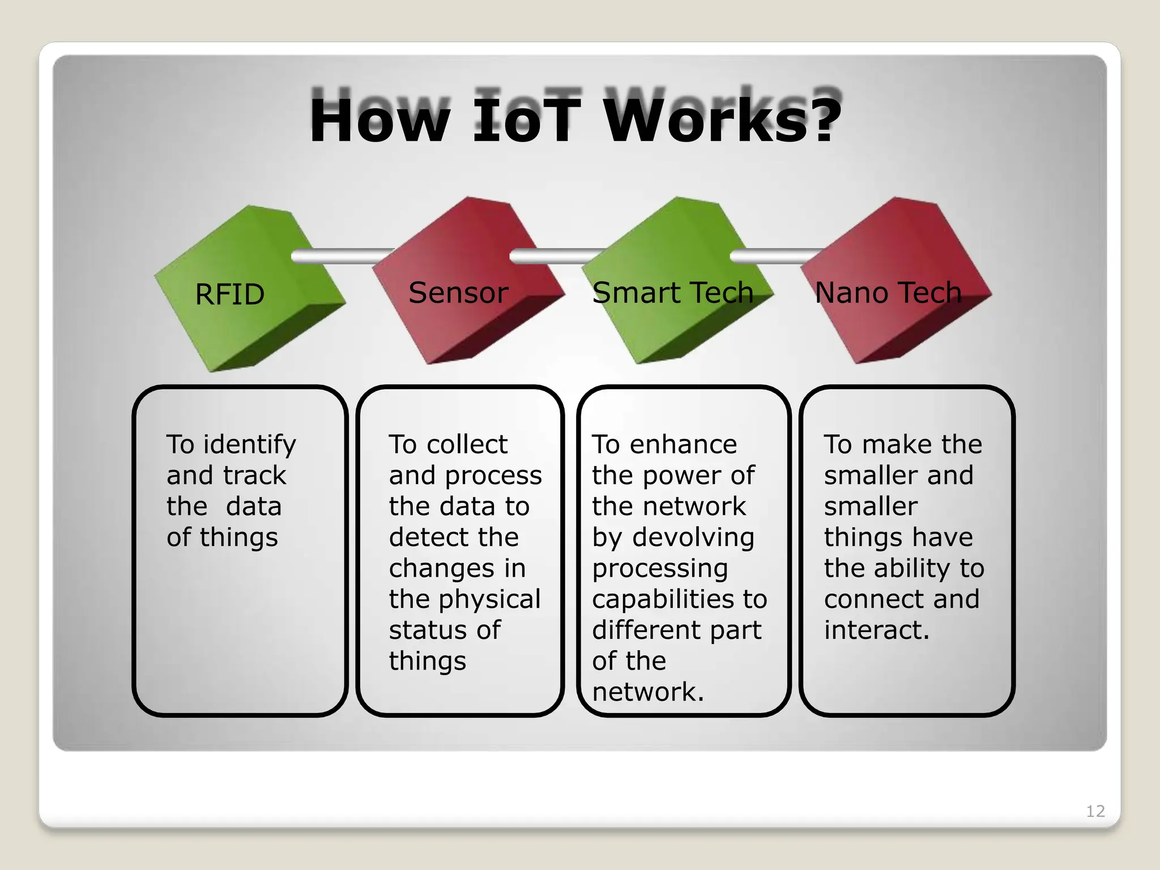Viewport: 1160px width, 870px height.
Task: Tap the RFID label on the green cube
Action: tap(229, 295)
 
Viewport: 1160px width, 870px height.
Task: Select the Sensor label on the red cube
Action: tap(458, 293)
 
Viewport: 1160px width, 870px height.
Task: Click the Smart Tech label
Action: tap(672, 293)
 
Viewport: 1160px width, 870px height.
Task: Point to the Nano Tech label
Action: tap(888, 293)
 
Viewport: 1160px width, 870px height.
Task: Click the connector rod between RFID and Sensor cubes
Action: tap(340, 257)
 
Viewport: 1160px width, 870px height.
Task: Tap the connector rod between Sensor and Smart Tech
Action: tap(552, 257)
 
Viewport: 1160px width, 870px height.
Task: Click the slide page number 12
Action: tap(1095, 811)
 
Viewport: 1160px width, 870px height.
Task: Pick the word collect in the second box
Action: tap(467, 445)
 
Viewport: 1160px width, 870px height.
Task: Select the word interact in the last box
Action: tap(876, 630)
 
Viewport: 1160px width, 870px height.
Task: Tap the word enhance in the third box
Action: tap(683, 445)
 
